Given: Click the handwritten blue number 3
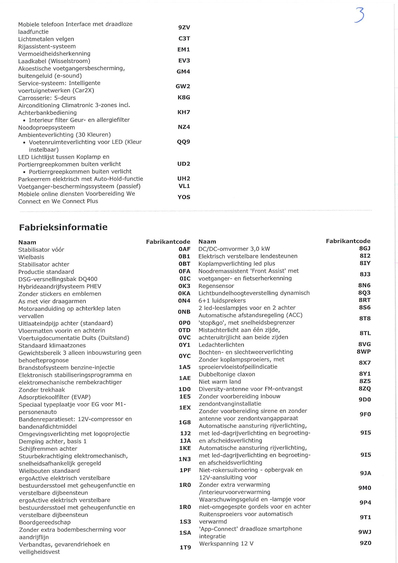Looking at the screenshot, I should [360, 15].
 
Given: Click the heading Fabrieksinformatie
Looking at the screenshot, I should [63, 227].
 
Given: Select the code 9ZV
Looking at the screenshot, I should [184, 27].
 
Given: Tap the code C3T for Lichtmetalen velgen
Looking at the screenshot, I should [184, 39].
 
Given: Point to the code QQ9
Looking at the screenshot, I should [184, 142].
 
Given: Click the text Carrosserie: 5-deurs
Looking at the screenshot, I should [47, 98].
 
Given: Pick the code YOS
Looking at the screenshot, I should [184, 197].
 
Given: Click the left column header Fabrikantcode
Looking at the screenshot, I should [168, 242].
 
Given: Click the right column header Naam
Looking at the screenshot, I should [207, 241].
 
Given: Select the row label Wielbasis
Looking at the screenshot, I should [31, 257].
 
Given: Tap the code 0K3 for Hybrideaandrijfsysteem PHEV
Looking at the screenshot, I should [184, 286].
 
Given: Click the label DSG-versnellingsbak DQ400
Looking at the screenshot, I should [58, 279].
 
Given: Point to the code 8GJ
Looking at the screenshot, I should [365, 249].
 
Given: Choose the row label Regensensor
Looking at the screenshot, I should [216, 286].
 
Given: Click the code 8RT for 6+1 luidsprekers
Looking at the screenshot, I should [364, 300].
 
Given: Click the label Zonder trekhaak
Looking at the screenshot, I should [42, 390].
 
